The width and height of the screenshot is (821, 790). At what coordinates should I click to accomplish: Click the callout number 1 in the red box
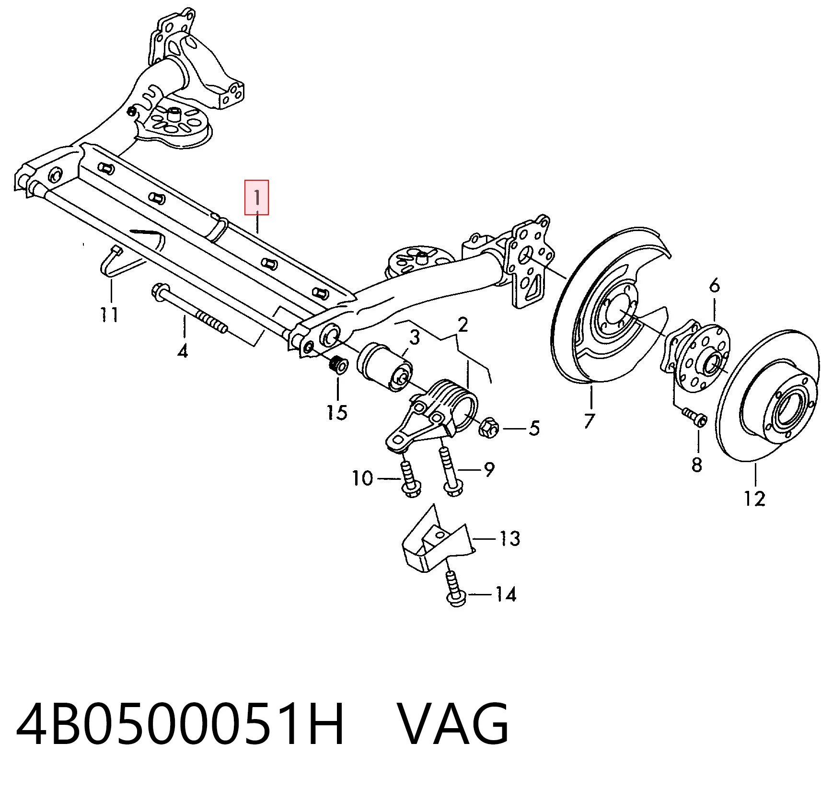pos(257,197)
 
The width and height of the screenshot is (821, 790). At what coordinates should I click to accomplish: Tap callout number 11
pos(110,315)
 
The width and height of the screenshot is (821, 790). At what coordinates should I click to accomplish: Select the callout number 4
pos(183,351)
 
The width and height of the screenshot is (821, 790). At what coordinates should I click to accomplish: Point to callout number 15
pos(337,412)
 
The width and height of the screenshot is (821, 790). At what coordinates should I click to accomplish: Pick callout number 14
pos(506,594)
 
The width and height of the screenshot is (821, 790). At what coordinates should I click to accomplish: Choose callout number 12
pos(755,499)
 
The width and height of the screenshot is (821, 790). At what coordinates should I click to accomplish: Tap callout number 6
pos(715,286)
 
